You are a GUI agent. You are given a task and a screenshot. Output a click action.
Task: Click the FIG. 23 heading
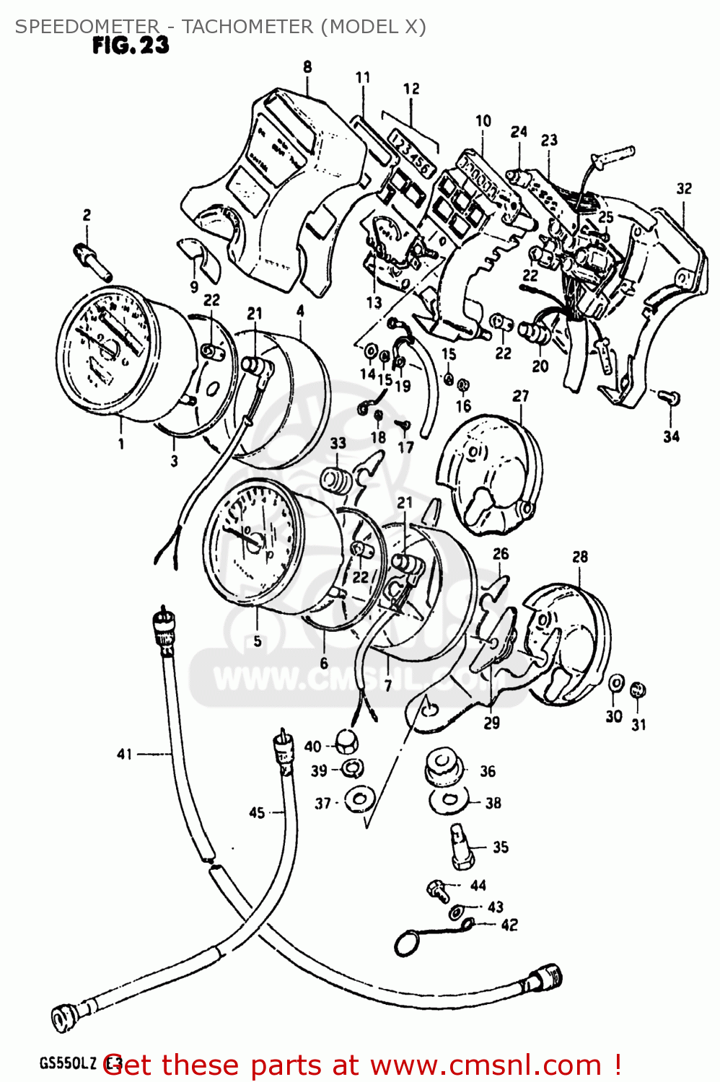(x=131, y=45)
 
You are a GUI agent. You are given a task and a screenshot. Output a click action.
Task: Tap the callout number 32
(x=684, y=189)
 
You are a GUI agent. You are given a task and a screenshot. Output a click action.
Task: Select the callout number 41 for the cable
(x=125, y=754)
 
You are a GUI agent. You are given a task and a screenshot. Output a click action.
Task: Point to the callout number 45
(x=257, y=813)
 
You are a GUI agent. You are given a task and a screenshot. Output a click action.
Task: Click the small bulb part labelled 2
(x=93, y=262)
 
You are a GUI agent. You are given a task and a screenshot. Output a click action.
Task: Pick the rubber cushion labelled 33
(x=334, y=480)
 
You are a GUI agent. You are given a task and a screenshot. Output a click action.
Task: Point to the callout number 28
(x=580, y=557)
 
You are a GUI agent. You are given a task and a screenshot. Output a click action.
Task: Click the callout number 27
(x=520, y=396)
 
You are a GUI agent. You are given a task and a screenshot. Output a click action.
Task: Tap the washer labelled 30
(x=616, y=684)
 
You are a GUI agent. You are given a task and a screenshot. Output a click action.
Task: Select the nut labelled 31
(x=638, y=690)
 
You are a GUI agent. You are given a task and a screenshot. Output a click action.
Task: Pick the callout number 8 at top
(x=307, y=67)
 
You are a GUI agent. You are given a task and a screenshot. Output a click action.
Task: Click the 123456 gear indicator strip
(x=411, y=151)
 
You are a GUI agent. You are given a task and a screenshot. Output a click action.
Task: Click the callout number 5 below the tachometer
(x=258, y=641)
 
